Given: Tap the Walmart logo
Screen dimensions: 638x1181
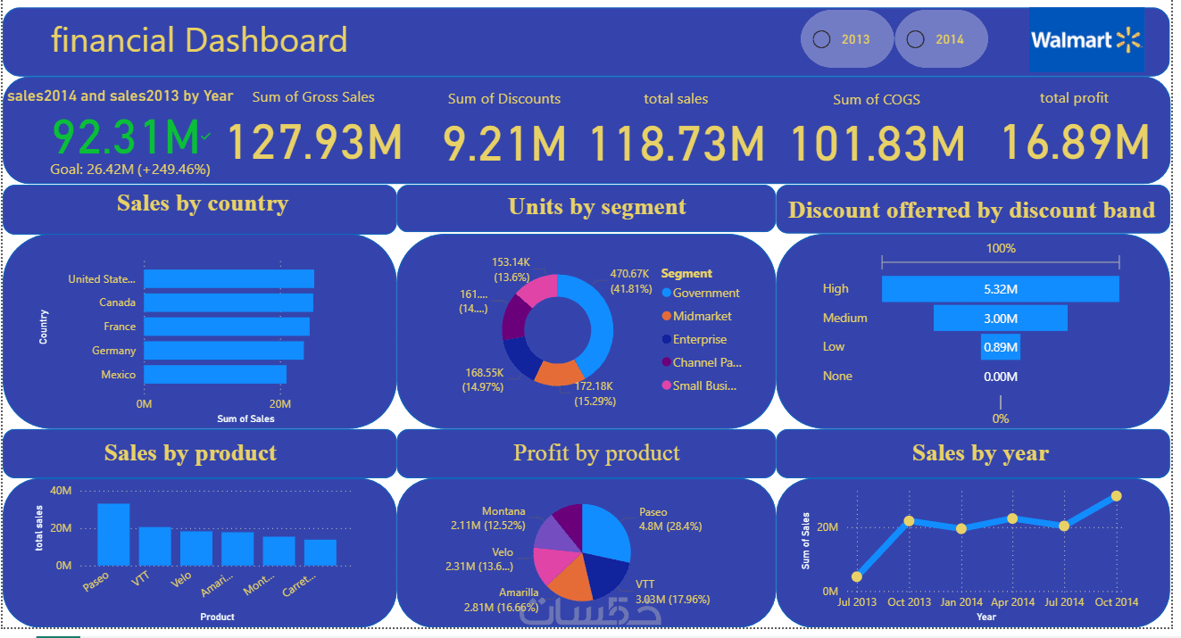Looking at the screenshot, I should coord(1085,40).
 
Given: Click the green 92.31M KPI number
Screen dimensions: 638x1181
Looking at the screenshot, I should coord(126,137).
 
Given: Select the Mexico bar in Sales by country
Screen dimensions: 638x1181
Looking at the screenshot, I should coord(214,375).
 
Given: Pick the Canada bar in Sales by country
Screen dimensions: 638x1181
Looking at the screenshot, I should coord(228,302).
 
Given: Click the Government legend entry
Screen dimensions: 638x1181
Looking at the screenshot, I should coord(705,293).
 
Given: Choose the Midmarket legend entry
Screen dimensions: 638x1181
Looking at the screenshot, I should coord(702,316).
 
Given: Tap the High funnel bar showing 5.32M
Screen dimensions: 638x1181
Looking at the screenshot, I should coord(1000,289).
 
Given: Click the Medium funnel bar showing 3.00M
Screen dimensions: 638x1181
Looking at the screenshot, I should coord(1000,318).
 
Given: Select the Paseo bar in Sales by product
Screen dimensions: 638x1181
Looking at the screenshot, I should coord(113,534).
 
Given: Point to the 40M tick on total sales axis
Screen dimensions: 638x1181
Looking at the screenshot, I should coord(62,490).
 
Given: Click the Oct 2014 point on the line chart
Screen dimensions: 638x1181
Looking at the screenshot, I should coord(1116,496).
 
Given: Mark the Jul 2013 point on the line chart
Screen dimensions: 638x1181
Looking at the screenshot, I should coord(857,576).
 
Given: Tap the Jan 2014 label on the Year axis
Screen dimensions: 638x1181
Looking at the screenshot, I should coord(961,602).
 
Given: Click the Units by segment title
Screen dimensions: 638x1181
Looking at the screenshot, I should coord(597,207).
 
